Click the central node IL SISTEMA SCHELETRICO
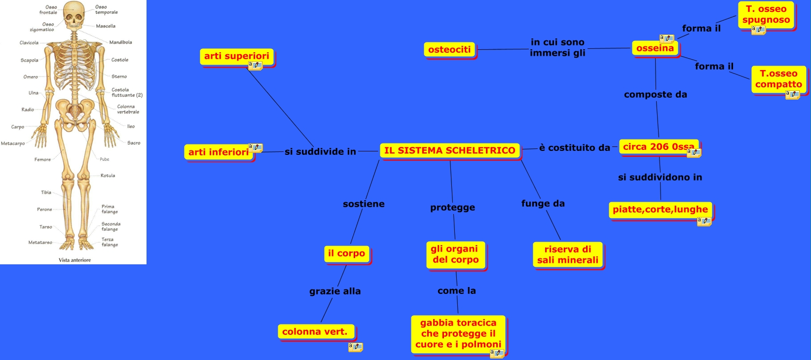[449, 150]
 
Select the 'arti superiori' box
[236, 56]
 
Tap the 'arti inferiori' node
[219, 152]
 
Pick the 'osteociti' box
[449, 49]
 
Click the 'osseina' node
[655, 48]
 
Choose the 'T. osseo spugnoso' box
[766, 15]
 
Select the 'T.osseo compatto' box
[778, 79]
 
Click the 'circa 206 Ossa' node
[658, 147]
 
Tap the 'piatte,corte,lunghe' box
[660, 210]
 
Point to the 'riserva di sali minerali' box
[567, 254]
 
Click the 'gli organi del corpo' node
[455, 254]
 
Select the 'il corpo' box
[346, 253]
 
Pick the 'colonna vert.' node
[315, 332]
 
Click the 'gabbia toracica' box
[458, 334]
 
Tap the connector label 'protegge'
[452, 208]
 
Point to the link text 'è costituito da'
[574, 148]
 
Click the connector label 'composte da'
[655, 95]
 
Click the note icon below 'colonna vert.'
[355, 347]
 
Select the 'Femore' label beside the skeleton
[42, 160]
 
